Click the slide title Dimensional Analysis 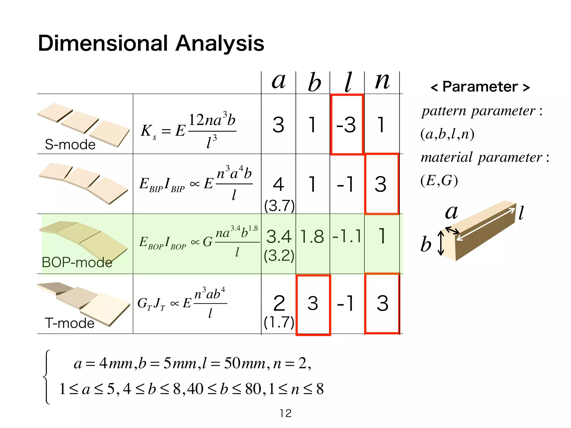(151, 43)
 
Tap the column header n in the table (382, 81)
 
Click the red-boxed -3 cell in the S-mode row (347, 125)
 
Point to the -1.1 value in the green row (347, 236)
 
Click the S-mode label (70, 144)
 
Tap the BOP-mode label (77, 262)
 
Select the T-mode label (70, 323)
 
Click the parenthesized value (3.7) (279, 206)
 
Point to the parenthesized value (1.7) (279, 322)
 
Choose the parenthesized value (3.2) (279, 255)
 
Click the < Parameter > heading (480, 87)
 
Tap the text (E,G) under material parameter (439, 181)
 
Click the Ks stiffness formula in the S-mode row (188, 130)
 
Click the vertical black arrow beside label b (441, 243)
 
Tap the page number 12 (285, 413)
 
